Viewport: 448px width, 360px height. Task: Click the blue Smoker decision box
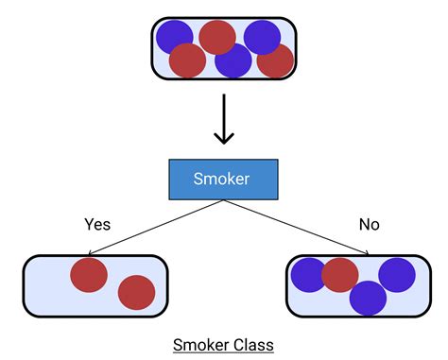(x=223, y=180)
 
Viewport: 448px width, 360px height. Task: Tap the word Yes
(x=97, y=226)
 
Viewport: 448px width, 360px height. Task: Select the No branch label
(x=369, y=226)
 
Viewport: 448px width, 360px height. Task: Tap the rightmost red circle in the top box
(x=276, y=60)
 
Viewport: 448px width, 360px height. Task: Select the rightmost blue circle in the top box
(x=262, y=37)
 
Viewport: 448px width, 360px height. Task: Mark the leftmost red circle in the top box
(x=187, y=60)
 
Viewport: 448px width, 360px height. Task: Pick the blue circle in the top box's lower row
(x=233, y=60)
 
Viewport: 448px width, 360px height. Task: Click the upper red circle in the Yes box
(x=89, y=273)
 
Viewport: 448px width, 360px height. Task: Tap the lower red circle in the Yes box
(x=136, y=293)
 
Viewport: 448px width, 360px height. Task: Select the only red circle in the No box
(x=340, y=274)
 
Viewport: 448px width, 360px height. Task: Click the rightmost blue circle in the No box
(x=397, y=274)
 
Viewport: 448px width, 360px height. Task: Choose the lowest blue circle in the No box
(x=368, y=297)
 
